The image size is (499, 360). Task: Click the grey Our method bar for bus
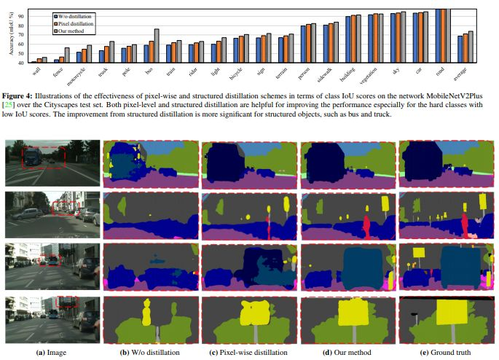[x=157, y=46]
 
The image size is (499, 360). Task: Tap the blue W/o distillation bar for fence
[x=57, y=61]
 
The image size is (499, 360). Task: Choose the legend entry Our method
[x=76, y=31]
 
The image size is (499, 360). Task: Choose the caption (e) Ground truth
[x=447, y=352]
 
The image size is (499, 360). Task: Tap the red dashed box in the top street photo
[x=44, y=157]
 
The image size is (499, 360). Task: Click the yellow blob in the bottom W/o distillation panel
[x=146, y=313]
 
